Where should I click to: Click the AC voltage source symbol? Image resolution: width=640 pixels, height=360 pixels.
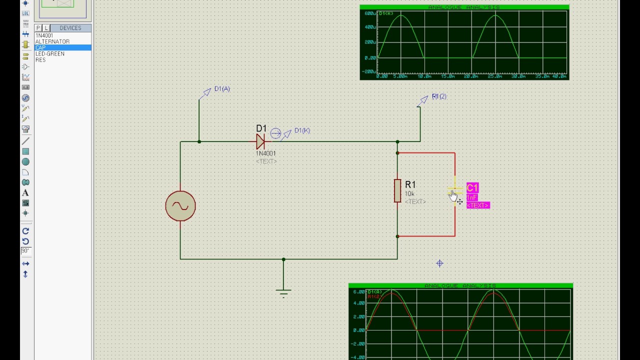[x=180, y=206]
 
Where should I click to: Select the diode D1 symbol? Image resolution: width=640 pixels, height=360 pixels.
[x=260, y=142]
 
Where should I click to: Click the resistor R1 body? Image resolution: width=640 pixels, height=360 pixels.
[x=397, y=191]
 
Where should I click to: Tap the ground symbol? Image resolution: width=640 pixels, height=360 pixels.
[x=283, y=292]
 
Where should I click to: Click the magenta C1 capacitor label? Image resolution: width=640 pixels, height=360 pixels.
[x=472, y=188]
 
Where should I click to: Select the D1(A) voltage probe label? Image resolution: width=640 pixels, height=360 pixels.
[x=222, y=89]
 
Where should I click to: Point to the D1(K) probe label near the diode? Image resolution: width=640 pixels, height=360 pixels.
[x=302, y=130]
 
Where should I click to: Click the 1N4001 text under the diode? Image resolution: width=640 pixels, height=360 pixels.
[x=266, y=153]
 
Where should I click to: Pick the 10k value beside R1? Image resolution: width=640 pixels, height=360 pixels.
[x=409, y=194]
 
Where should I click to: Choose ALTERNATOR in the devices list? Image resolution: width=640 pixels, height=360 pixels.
[x=52, y=41]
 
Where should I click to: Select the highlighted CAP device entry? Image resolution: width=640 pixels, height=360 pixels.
[x=40, y=47]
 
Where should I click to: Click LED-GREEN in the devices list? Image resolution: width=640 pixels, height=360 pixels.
[x=50, y=53]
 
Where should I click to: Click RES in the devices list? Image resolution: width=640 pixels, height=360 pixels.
[x=40, y=59]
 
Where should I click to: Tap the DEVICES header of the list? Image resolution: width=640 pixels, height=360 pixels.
[x=70, y=28]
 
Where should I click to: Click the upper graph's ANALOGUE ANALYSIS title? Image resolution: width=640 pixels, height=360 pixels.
[x=464, y=7]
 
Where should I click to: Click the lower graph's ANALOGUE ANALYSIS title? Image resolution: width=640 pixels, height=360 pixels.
[x=460, y=286]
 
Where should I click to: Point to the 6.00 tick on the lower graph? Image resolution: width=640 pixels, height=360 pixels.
[x=359, y=292]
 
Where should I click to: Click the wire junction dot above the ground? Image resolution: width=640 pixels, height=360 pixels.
[x=283, y=259]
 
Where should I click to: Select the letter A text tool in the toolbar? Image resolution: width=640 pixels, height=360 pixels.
[x=25, y=193]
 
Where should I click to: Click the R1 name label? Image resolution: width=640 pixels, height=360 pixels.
[x=410, y=185]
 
